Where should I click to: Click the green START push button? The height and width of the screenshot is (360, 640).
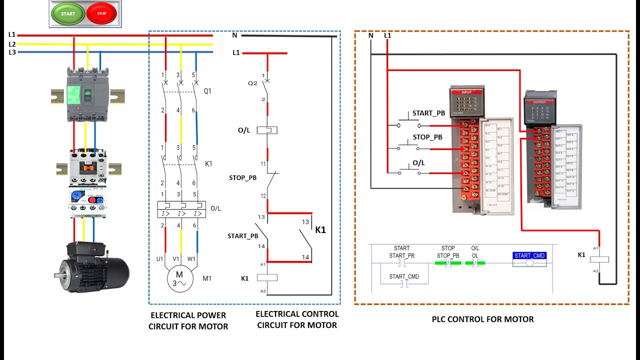[x=68, y=13]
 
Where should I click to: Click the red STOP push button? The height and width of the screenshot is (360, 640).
[x=101, y=13]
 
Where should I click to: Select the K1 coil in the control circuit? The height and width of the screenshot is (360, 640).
[x=266, y=277]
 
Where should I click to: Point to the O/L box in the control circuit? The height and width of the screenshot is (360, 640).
[x=267, y=130]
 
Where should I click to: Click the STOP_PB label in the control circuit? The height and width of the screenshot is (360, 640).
[x=242, y=177]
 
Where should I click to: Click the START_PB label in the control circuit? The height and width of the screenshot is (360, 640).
[x=242, y=235]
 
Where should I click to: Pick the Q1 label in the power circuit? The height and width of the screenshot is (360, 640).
[x=208, y=91]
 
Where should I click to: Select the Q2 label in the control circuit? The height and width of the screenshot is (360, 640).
[x=252, y=83]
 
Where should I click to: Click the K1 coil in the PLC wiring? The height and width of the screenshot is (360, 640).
[x=599, y=259]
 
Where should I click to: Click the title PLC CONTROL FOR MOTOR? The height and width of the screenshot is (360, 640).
[x=482, y=319]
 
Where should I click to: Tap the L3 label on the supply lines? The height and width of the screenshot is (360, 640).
[x=12, y=52]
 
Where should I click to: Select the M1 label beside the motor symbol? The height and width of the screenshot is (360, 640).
[x=207, y=278]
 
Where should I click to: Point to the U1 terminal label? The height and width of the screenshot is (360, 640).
[x=160, y=259]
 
